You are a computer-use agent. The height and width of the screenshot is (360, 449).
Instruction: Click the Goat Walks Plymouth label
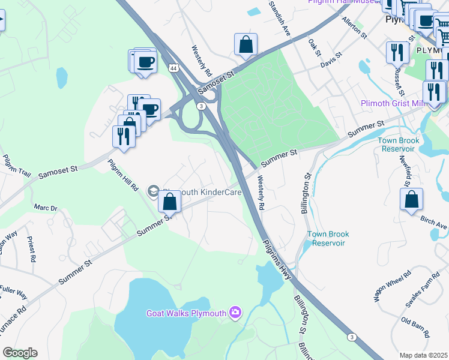pyautogui.click(x=186, y=313)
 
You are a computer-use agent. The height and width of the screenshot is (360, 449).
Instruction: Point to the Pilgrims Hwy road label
pyautogui.click(x=277, y=259)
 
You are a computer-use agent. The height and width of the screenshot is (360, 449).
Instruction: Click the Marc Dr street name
pyautogui.click(x=46, y=208)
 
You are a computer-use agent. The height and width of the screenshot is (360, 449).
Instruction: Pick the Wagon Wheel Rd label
pyautogui.click(x=392, y=285)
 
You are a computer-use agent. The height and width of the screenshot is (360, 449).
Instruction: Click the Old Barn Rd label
pyautogui.click(x=415, y=324)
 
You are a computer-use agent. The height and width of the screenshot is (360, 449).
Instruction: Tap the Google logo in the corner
pyautogui.click(x=20, y=353)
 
